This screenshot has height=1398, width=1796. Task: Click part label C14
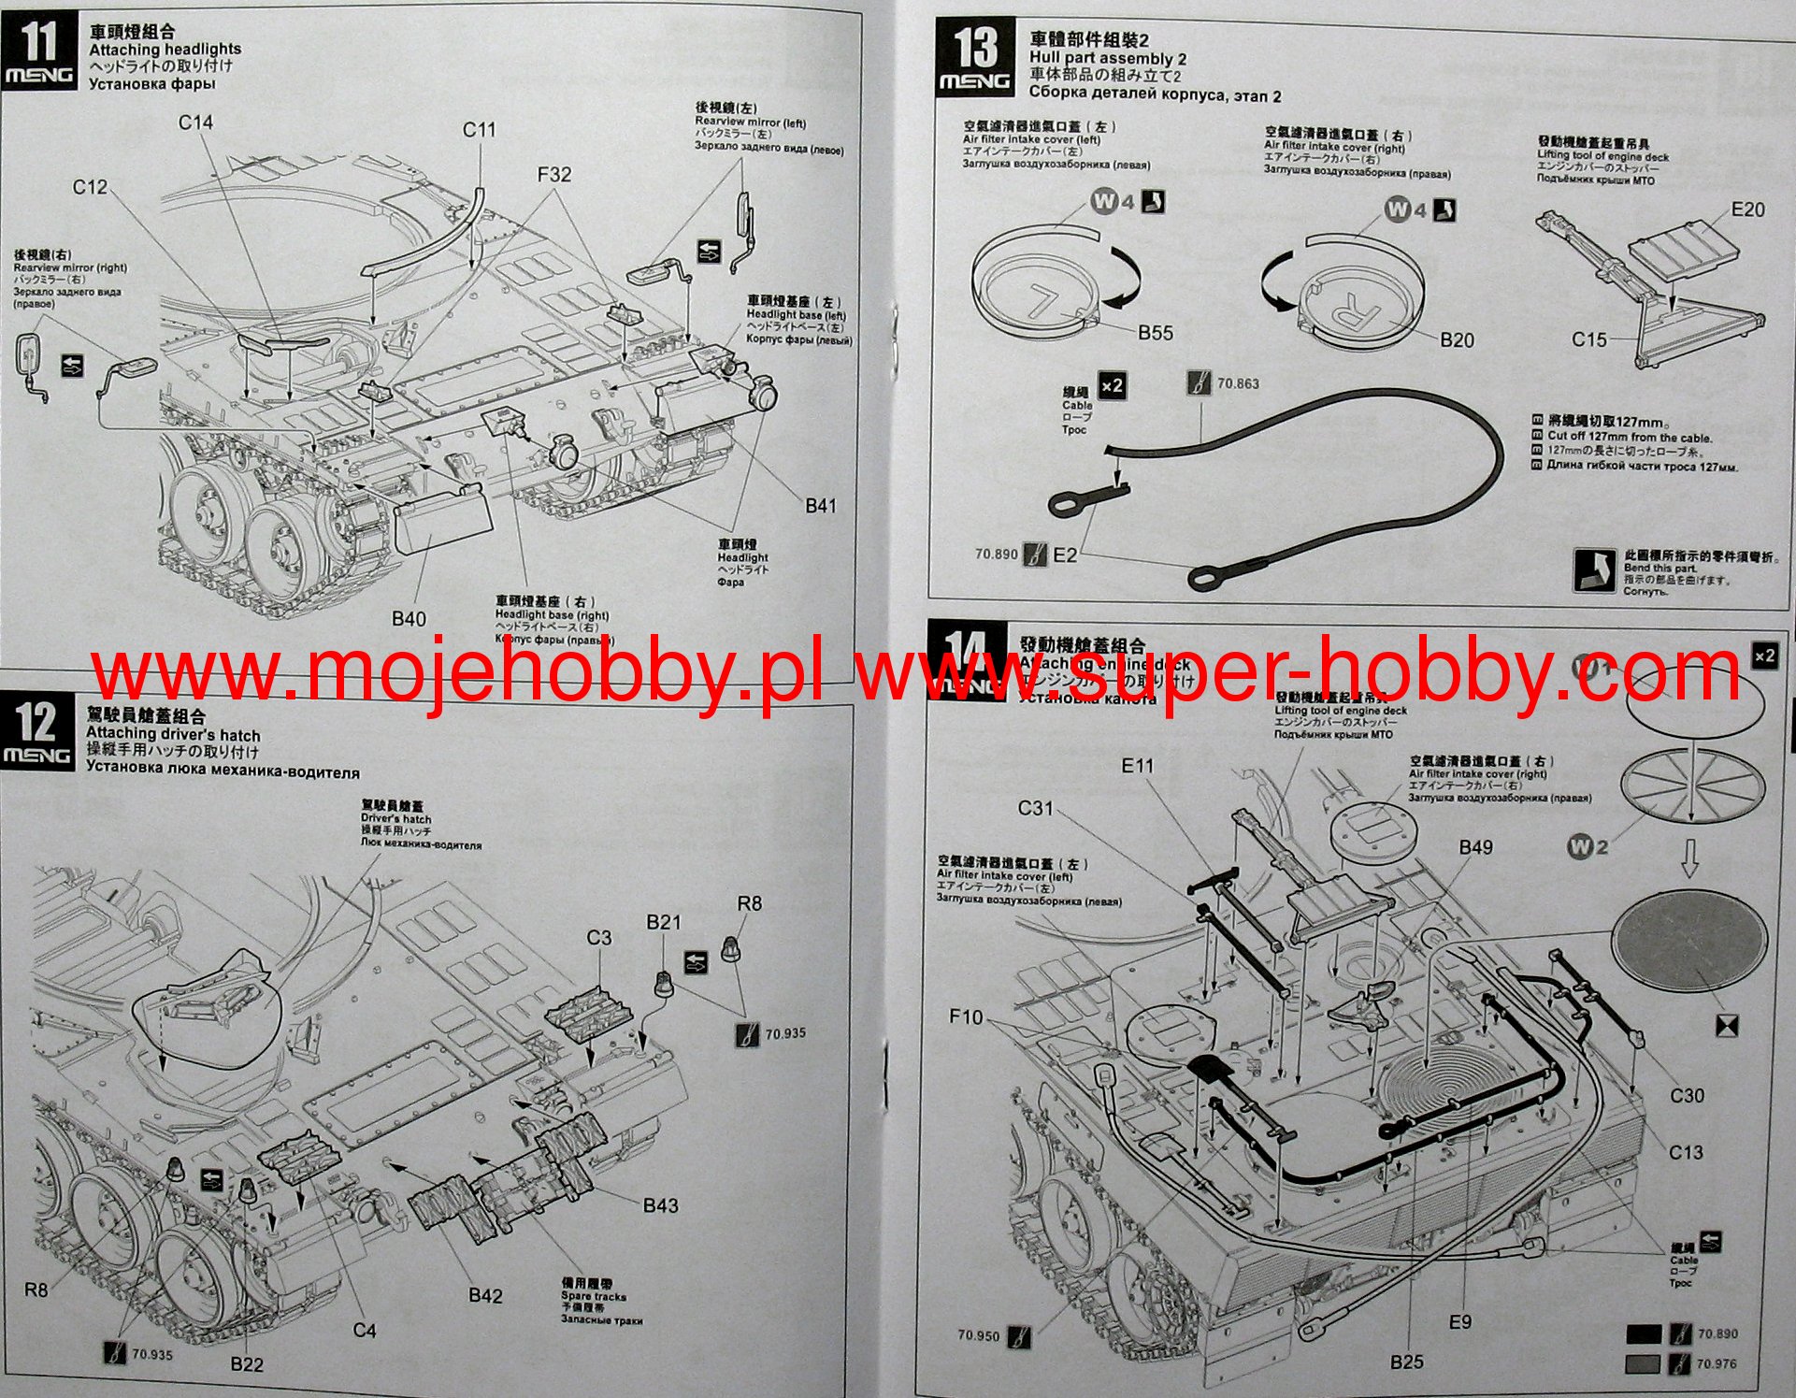point(195,123)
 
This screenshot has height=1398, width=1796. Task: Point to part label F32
point(553,175)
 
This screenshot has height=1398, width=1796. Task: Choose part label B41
point(821,506)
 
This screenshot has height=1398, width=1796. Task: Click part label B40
point(409,619)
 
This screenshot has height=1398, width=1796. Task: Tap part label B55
point(1155,333)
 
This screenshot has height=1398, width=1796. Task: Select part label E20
point(1747,209)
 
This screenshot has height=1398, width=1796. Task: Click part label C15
point(1588,339)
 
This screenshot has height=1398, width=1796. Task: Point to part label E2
point(1065,555)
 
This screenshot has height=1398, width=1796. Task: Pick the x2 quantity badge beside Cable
point(1112,385)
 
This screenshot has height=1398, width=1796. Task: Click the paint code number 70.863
point(1237,383)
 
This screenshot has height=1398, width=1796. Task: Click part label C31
point(1035,808)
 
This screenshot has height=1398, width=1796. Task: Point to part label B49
point(1475,847)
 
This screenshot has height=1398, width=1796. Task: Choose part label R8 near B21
point(749,903)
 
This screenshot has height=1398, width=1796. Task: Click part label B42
point(485,1295)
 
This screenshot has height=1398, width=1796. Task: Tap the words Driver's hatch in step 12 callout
point(395,818)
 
